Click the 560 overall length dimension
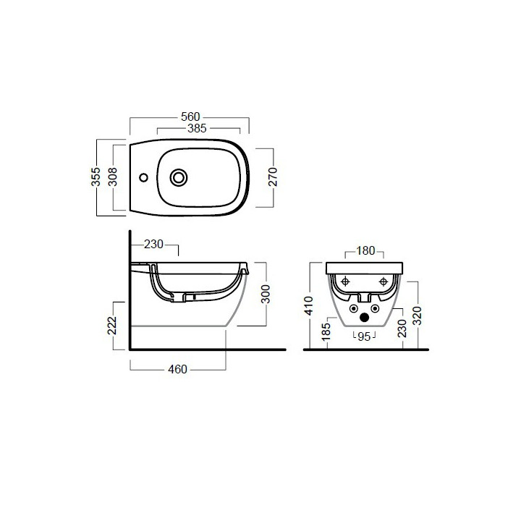pyautogui.click(x=190, y=117)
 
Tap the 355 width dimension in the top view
pyautogui.click(x=96, y=177)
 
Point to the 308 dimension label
pyautogui.click(x=113, y=177)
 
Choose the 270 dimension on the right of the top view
pyautogui.click(x=273, y=177)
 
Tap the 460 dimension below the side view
pyautogui.click(x=177, y=369)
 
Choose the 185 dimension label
pyautogui.click(x=327, y=332)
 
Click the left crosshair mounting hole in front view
pyautogui.click(x=345, y=281)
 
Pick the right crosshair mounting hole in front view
pyautogui.click(x=384, y=281)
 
